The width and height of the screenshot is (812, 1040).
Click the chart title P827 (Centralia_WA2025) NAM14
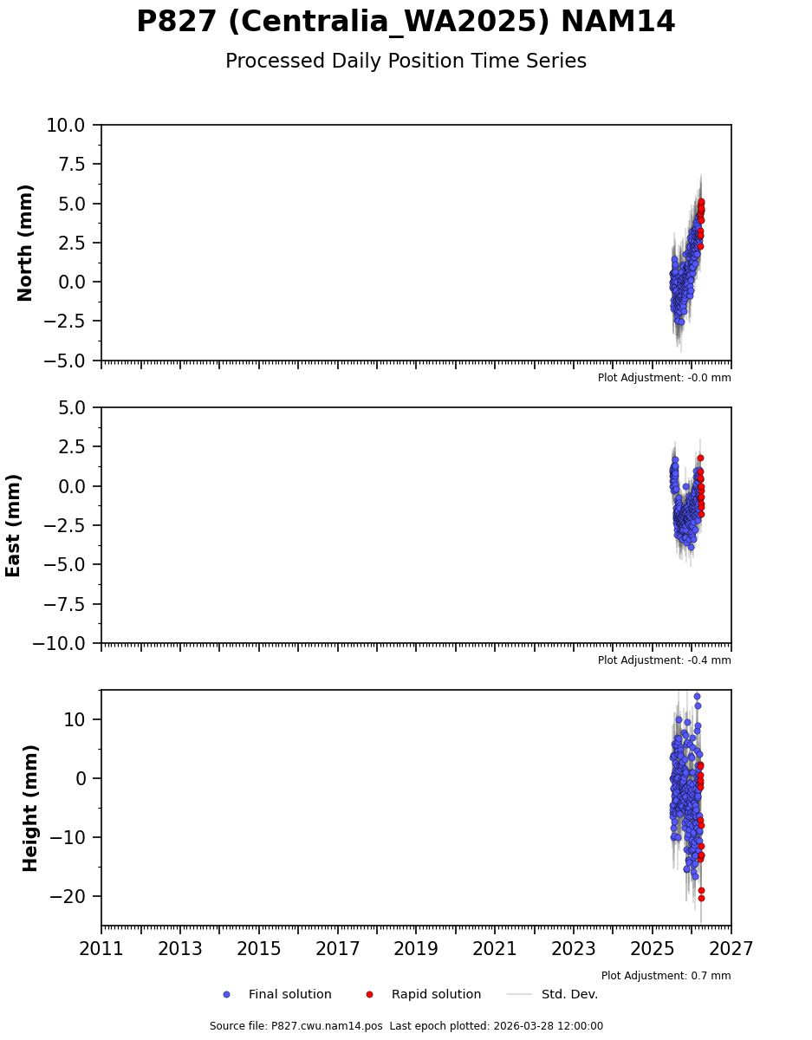click(406, 23)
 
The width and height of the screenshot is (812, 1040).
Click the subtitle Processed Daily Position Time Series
click(406, 62)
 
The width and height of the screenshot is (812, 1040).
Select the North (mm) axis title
click(26, 243)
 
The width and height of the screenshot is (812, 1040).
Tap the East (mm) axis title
click(14, 525)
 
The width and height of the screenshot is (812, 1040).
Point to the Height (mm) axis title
click(31, 808)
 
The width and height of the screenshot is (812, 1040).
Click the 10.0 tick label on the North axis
click(66, 126)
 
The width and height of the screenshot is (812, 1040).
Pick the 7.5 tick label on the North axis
click(72, 165)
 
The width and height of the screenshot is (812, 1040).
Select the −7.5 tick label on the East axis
click(66, 604)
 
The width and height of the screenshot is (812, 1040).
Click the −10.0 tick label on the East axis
click(60, 644)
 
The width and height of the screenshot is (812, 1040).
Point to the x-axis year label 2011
click(101, 949)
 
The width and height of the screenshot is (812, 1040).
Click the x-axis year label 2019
click(416, 949)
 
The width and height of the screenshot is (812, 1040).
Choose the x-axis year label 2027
click(731, 949)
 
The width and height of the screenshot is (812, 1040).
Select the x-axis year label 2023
click(574, 949)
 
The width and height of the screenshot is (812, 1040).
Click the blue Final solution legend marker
click(226, 995)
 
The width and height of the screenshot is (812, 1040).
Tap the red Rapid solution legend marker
click(369, 995)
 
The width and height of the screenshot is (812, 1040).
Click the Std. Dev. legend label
click(569, 995)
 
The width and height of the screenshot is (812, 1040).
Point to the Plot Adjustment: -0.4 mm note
click(664, 660)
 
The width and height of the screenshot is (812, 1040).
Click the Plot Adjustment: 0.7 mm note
click(666, 976)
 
